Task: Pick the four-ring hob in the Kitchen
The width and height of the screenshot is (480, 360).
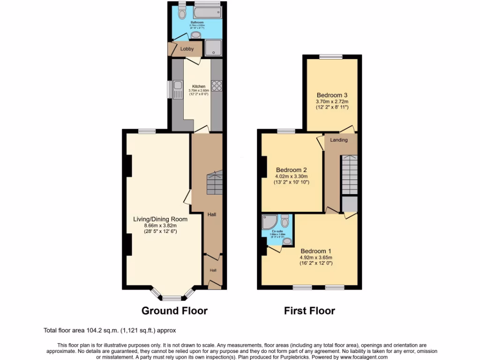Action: (x=217, y=86)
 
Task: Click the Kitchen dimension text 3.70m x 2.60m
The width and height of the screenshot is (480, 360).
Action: (x=198, y=90)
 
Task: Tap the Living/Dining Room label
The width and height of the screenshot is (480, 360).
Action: (x=160, y=219)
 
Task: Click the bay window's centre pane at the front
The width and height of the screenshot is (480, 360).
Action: (x=172, y=298)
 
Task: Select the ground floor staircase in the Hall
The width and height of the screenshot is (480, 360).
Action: (x=214, y=183)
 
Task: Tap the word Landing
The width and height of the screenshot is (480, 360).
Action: (x=339, y=140)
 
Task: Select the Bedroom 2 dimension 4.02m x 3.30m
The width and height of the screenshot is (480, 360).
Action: (x=292, y=177)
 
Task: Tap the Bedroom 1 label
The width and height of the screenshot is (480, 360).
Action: (x=316, y=251)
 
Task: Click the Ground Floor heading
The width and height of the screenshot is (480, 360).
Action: (x=174, y=310)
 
